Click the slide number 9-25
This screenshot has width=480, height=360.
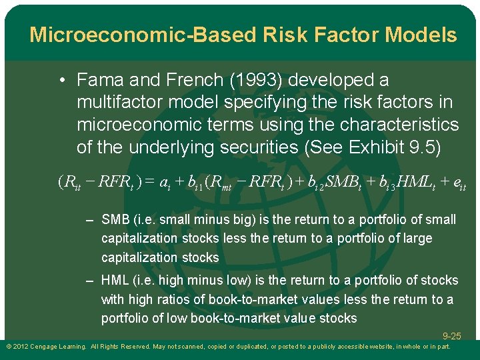coord(451,337)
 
